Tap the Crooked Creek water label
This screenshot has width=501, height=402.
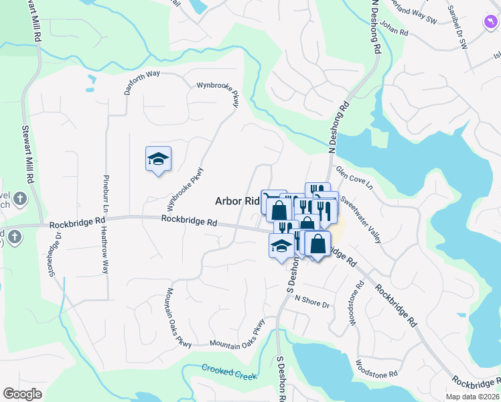(229, 371)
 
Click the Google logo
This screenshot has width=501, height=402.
(22, 394)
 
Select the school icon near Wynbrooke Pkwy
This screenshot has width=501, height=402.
(158, 159)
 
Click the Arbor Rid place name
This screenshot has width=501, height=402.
(236, 200)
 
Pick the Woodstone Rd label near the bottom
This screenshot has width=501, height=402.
(376, 368)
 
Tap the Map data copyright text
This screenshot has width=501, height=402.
(472, 397)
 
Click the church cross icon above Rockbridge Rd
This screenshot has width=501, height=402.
(20, 198)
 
